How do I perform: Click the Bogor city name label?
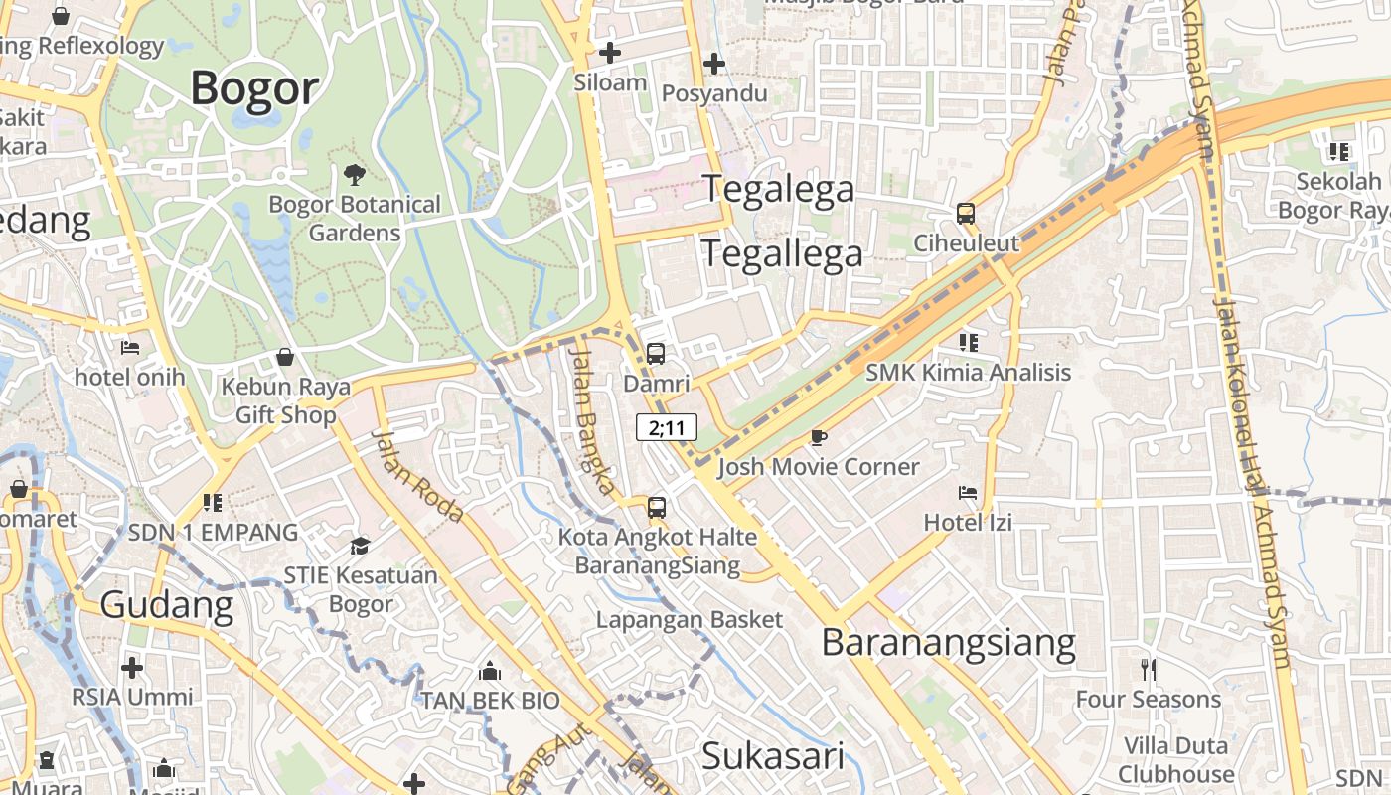[254, 87]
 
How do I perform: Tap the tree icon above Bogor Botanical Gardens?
[354, 176]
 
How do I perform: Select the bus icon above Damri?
[656, 353]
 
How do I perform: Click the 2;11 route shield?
[667, 428]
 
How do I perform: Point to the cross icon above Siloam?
[610, 53]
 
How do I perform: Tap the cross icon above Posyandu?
[713, 65]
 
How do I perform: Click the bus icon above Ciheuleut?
[965, 214]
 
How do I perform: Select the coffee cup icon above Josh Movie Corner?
[818, 437]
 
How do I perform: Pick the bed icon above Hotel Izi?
[967, 492]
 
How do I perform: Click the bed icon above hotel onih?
[130, 348]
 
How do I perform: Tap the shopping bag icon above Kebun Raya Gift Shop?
[285, 357]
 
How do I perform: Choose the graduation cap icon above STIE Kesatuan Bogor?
[360, 546]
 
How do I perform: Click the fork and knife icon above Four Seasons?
[1149, 669]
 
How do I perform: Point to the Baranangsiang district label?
[948, 644]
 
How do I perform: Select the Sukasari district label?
[773, 756]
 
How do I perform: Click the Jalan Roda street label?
[417, 476]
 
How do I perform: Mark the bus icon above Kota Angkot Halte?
[656, 508]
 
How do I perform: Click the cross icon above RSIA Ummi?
[131, 667]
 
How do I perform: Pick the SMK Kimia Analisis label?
[968, 373]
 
